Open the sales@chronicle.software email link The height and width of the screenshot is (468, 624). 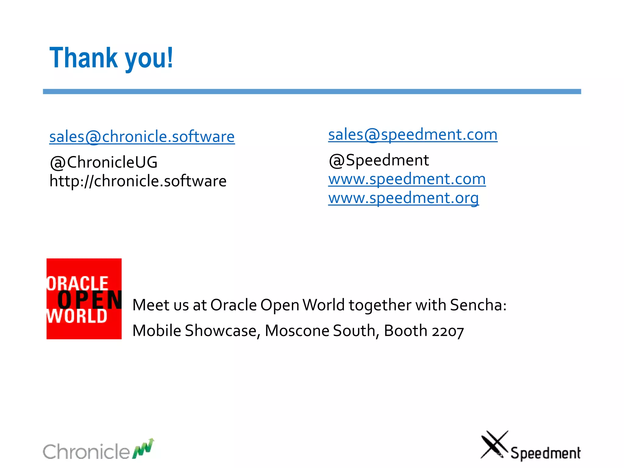pyautogui.click(x=142, y=136)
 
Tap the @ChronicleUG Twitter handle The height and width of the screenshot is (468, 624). pyautogui.click(x=104, y=162)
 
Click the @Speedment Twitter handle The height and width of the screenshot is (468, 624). pyautogui.click(x=379, y=160)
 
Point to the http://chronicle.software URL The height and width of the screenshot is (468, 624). pyautogui.click(x=138, y=181)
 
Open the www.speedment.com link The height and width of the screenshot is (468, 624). pyautogui.click(x=407, y=179)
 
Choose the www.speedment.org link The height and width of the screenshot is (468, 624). pyautogui.click(x=403, y=198)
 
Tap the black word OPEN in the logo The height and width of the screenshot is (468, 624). pyautogui.click(x=90, y=300)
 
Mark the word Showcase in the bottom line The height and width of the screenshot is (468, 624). pyautogui.click(x=221, y=331)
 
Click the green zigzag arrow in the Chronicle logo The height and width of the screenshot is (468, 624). pyautogui.click(x=143, y=448)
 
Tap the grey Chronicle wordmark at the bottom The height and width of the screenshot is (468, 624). pyautogui.click(x=86, y=452)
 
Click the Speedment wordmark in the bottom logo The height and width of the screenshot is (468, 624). pyautogui.click(x=545, y=453)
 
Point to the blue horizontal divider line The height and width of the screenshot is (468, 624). pyautogui.click(x=312, y=91)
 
